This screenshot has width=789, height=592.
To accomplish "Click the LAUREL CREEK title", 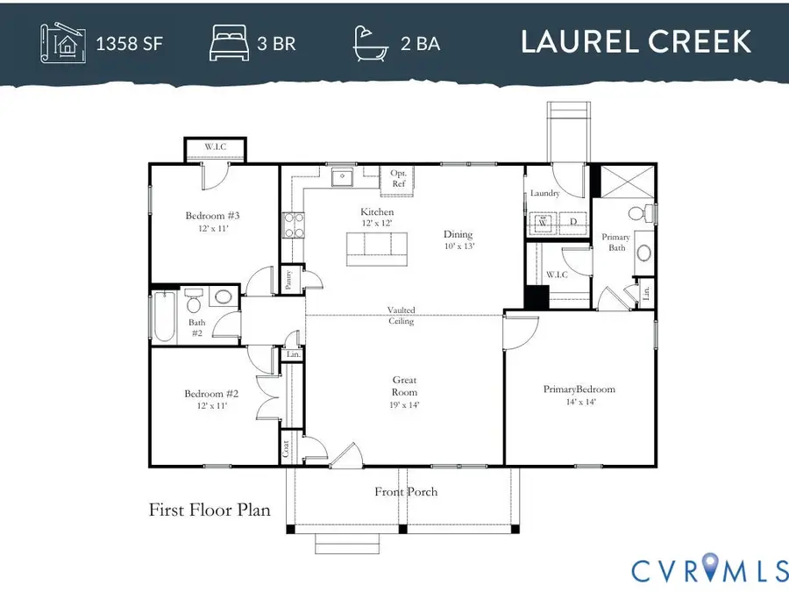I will [636, 41].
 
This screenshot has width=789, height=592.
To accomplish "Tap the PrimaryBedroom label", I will [579, 389].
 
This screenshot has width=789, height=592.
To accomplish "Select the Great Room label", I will [404, 386].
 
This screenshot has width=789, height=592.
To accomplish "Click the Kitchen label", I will [377, 212].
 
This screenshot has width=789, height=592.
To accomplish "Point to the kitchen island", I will [378, 246].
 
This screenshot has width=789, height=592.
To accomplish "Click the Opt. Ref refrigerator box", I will [398, 179].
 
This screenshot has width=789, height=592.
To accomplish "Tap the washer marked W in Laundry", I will [543, 223].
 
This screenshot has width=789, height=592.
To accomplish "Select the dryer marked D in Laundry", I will [573, 223].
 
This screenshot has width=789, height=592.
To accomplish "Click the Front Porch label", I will [406, 492].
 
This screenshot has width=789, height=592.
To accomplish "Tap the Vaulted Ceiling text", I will [402, 316].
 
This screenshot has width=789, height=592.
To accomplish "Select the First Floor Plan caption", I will [210, 510].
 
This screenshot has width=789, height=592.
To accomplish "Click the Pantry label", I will [290, 280].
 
